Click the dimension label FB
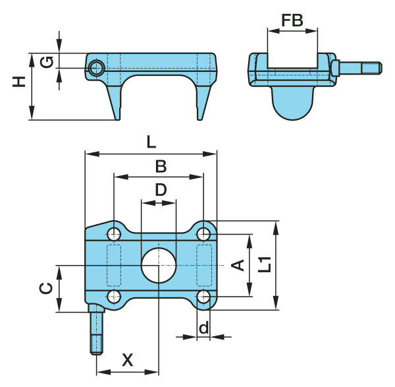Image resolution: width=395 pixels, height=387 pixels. (292, 20)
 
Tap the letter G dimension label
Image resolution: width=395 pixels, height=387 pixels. (47, 63)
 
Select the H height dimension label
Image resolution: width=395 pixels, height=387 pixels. (19, 82)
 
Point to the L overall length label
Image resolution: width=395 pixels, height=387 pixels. (151, 142)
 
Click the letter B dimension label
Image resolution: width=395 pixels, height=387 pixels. (161, 166)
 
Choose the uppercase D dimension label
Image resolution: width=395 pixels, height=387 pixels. (161, 190)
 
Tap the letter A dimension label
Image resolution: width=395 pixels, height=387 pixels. (238, 265)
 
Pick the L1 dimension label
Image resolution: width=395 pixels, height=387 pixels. (265, 264)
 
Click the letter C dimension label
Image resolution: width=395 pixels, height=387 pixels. (46, 288)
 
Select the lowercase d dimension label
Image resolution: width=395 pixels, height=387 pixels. (203, 328)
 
